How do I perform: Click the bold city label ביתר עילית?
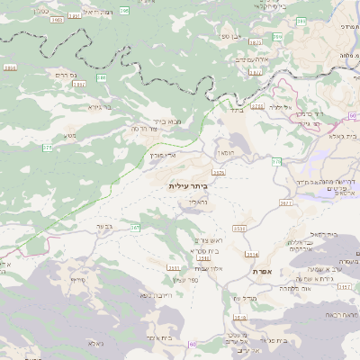187,185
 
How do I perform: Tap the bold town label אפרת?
263,271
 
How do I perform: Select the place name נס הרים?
63,75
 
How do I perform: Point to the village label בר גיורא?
100,106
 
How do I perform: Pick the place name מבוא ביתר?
167,121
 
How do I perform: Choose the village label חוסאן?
227,153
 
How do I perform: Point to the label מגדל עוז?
244,298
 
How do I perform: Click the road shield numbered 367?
135,229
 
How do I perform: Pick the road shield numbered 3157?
173,268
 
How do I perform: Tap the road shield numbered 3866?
11,67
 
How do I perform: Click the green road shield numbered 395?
124,10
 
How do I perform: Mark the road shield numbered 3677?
285,203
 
